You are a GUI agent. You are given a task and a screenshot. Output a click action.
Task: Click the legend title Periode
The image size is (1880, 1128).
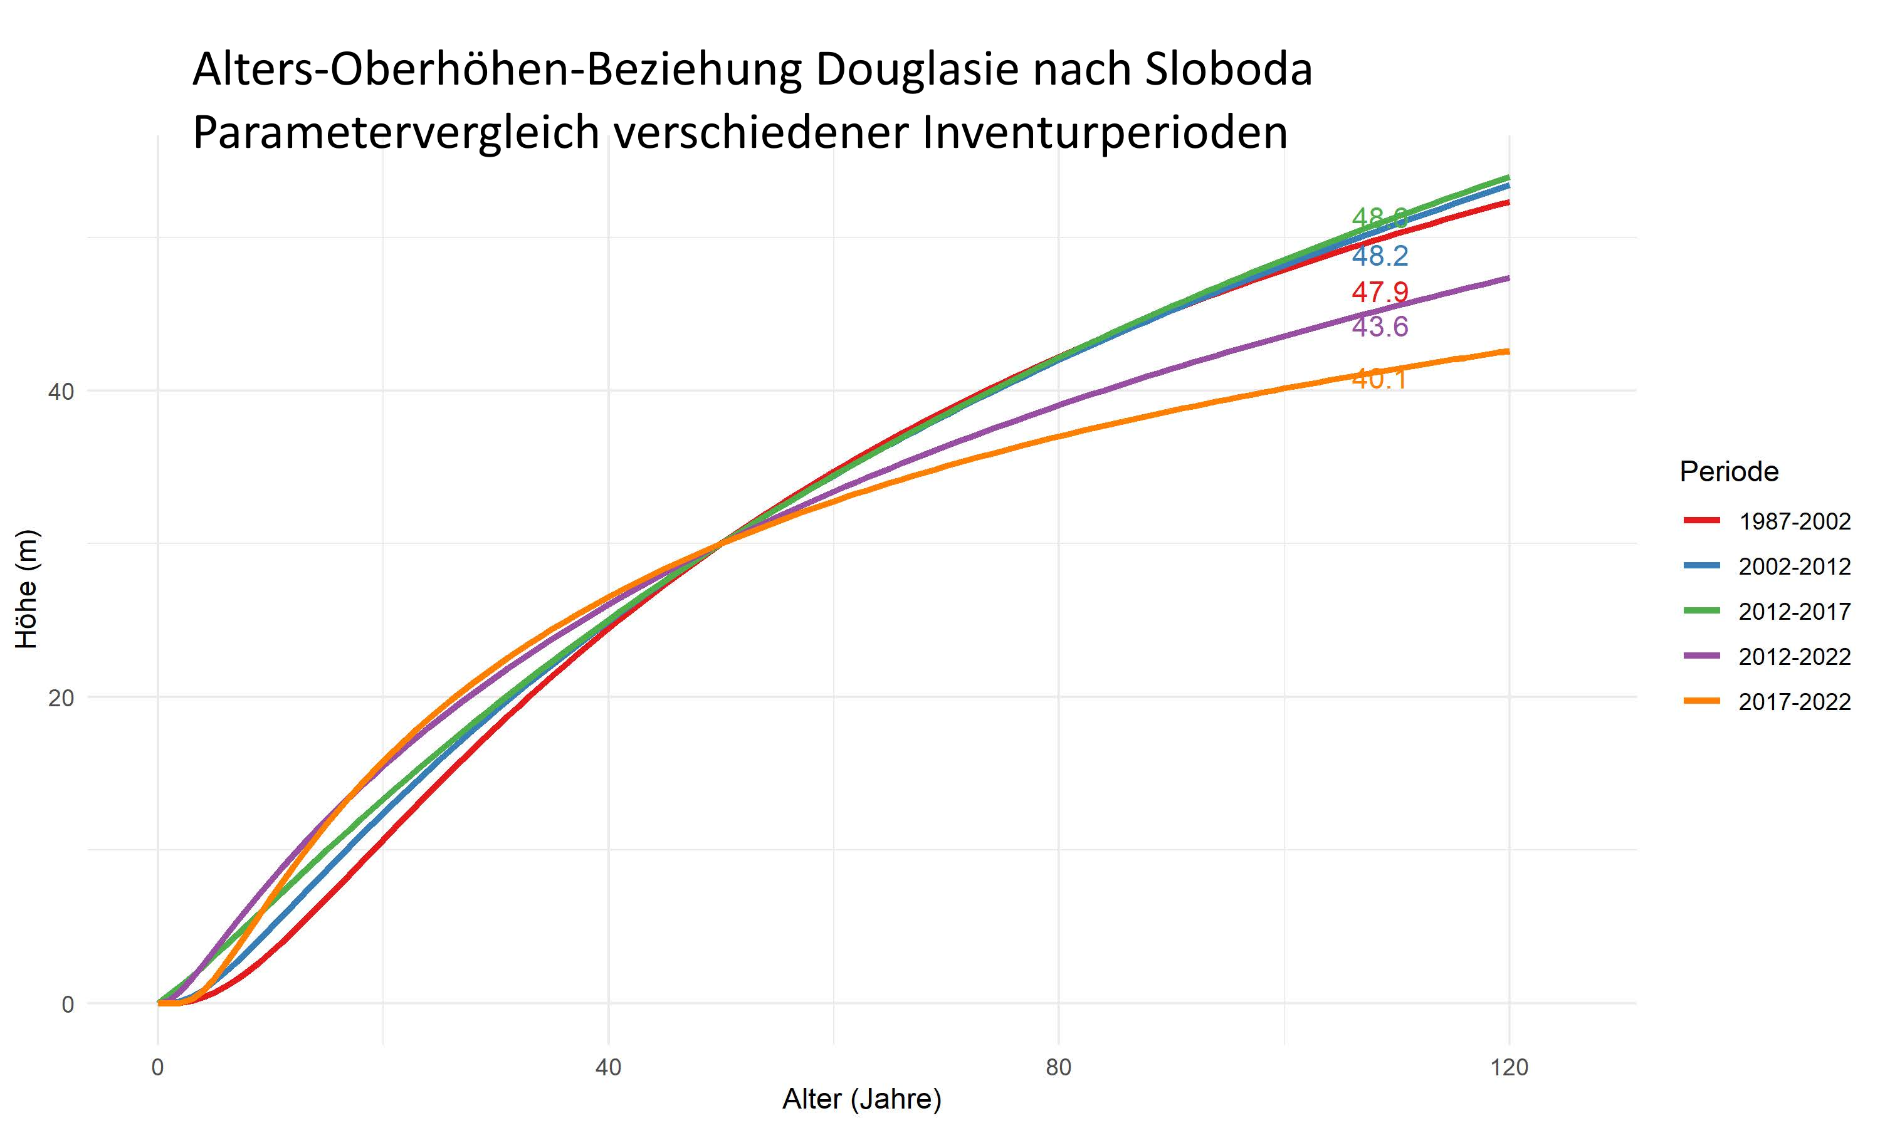(x=1729, y=472)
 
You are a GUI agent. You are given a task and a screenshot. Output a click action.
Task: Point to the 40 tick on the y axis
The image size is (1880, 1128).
(x=61, y=392)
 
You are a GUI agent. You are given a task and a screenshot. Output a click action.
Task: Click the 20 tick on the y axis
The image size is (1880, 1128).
(x=61, y=697)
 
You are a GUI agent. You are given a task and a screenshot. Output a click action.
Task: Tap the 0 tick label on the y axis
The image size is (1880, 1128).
(x=68, y=1004)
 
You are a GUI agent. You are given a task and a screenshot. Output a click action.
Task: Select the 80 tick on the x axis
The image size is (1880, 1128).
(x=1058, y=1068)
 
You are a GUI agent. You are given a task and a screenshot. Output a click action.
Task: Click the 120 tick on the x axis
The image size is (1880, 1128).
(x=1509, y=1068)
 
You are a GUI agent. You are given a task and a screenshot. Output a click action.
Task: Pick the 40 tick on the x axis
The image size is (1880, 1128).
(x=608, y=1068)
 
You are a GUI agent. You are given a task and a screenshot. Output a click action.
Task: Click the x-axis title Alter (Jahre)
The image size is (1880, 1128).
(x=861, y=1099)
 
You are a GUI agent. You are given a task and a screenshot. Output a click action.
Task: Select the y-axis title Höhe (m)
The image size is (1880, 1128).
(x=26, y=589)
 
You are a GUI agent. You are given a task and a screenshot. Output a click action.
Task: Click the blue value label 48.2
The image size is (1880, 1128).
(x=1380, y=256)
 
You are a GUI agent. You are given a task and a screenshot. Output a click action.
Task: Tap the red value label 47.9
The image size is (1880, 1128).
(x=1380, y=292)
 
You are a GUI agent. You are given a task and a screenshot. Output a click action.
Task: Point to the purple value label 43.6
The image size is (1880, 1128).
(x=1380, y=327)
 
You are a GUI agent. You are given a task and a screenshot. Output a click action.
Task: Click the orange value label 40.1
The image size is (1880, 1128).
(x=1380, y=379)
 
